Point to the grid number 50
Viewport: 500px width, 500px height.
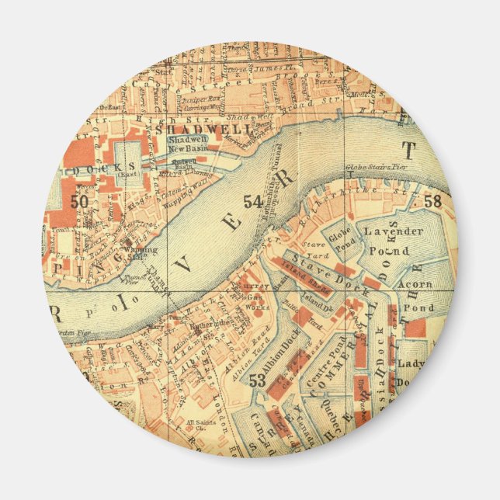[x=78, y=200]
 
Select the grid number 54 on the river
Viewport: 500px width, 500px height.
[x=252, y=202]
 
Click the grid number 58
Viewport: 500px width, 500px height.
[x=432, y=202]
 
